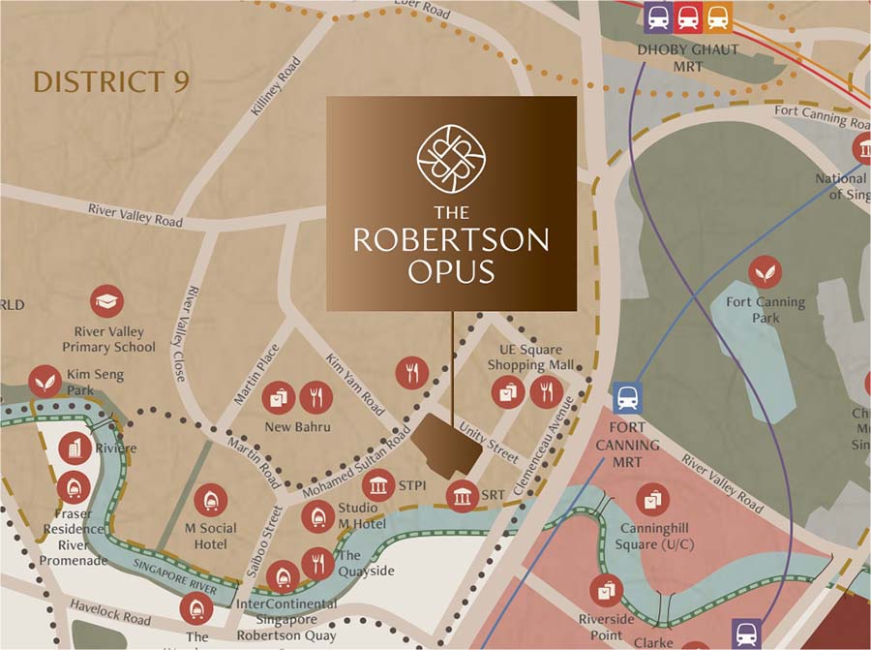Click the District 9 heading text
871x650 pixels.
tap(111, 81)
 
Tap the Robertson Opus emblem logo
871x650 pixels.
tap(451, 156)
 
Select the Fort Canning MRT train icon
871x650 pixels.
tap(627, 397)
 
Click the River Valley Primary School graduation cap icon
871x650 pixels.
tap(106, 302)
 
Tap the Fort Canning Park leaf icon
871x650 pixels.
tap(766, 272)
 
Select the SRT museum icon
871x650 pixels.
tap(461, 497)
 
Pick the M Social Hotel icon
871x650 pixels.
tap(210, 500)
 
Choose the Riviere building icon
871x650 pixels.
tap(75, 449)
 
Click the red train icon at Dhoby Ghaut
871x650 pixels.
tap(688, 16)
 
